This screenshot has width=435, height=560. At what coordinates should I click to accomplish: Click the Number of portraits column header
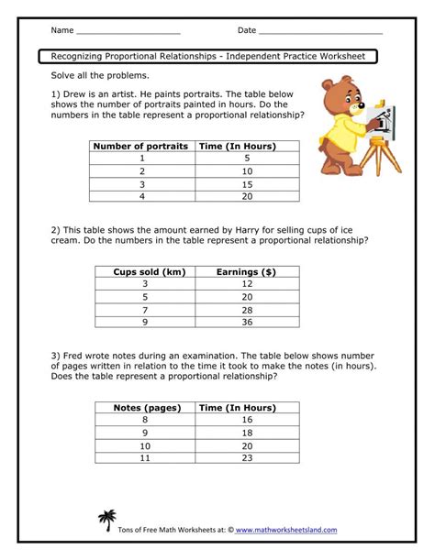tap(142, 146)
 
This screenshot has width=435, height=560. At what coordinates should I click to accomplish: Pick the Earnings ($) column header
tap(245, 272)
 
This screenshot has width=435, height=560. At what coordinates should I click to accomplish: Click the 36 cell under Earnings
tap(245, 322)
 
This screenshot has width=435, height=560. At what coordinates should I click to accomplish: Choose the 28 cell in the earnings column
tap(245, 310)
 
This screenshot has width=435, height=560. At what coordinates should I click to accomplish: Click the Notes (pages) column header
tap(146, 407)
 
